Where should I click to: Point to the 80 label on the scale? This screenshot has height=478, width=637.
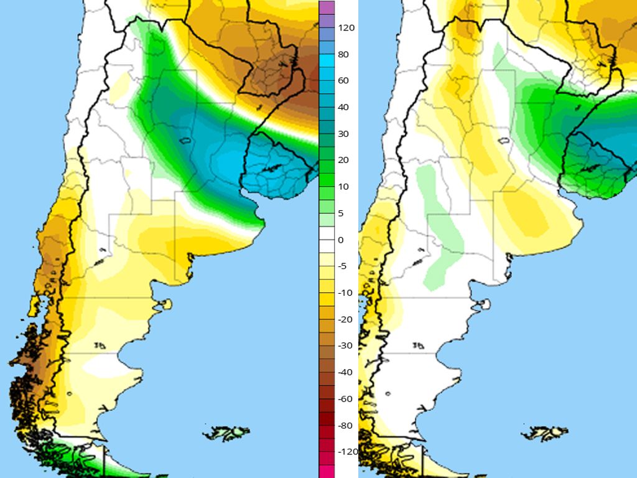pos(344,55)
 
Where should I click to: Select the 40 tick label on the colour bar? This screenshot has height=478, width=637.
pos(344,108)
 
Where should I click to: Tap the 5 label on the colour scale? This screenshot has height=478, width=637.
pos(341,213)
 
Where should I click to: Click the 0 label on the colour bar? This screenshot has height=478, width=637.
pos(341,240)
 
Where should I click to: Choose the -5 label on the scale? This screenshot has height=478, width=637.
pos(344,266)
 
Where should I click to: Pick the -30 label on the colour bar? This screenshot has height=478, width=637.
pos(345,346)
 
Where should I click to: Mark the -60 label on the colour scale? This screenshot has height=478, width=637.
pos(345,399)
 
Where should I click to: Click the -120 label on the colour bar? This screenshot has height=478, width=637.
pos(348,452)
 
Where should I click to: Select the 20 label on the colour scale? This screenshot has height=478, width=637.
pos(344,161)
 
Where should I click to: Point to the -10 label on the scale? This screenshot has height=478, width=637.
pos(345,293)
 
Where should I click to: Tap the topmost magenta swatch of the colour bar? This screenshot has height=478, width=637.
pos(327,7)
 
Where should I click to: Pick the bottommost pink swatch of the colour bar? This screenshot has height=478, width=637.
pos(327,472)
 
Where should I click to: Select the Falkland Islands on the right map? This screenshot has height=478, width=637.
pos(546,432)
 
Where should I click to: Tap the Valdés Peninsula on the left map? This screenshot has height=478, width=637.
pos(164,304)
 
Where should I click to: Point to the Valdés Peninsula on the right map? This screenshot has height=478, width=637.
pos(483,304)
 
